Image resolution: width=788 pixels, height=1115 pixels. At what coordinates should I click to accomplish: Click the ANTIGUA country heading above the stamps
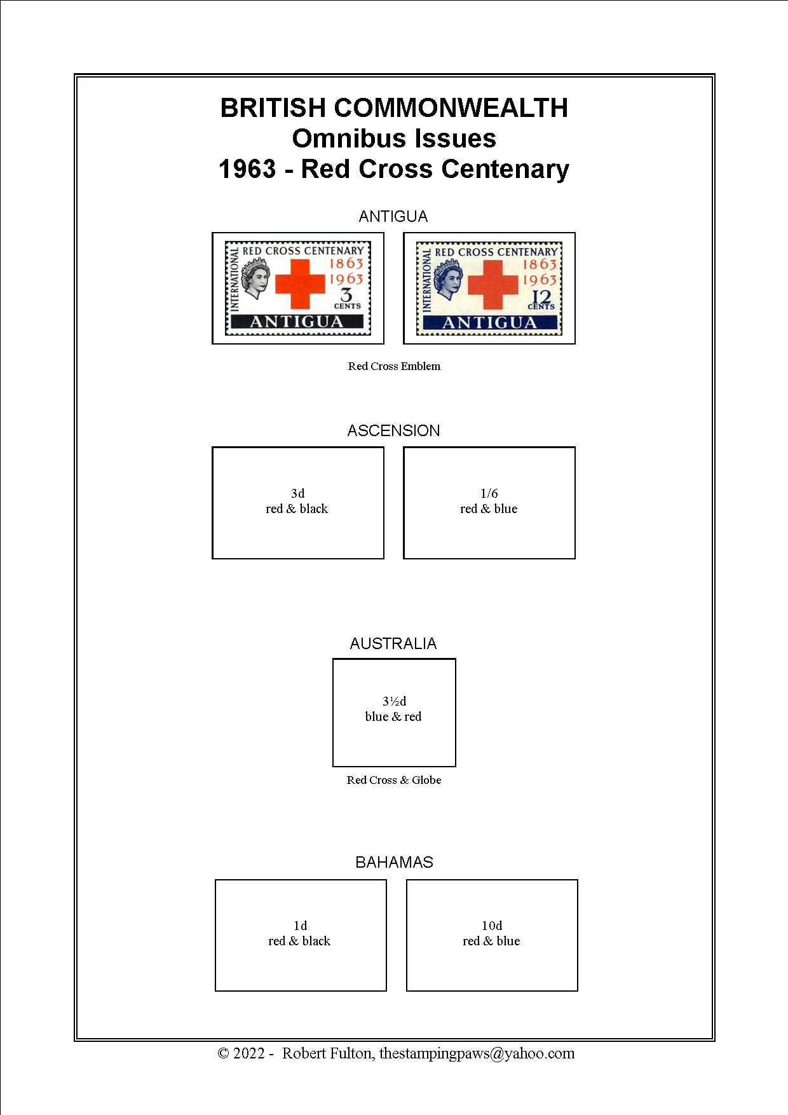point(393,217)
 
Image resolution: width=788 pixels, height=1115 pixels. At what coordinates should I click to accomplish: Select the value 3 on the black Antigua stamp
point(347,295)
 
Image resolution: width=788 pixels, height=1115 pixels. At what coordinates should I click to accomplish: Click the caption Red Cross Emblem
point(394,366)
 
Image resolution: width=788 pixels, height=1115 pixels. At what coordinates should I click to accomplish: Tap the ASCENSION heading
point(393,431)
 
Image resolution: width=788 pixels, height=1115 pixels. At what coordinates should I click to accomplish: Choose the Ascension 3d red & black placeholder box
point(298,503)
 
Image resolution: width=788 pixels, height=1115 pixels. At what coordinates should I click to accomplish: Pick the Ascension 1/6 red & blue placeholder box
point(489,503)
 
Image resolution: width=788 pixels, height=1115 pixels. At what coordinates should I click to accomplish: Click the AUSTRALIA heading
point(393,644)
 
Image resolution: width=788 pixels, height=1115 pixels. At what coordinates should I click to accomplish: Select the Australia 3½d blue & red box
point(394,713)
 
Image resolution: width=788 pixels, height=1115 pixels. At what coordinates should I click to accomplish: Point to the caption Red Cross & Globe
point(394,780)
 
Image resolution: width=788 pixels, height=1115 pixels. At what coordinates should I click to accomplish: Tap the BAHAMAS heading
point(394,863)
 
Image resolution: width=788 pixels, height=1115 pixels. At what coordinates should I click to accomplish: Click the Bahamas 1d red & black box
point(301,935)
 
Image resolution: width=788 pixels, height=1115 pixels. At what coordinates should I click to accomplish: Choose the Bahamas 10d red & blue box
point(492,935)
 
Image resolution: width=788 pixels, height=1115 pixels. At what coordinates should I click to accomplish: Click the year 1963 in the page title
point(247,170)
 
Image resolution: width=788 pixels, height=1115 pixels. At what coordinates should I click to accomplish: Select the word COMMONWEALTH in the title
point(451,108)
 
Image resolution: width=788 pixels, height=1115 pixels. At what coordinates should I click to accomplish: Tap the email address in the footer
point(477,1053)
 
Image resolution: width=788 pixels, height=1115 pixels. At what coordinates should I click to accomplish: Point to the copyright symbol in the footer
point(223,1054)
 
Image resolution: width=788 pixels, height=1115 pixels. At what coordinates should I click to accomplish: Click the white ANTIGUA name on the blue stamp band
point(490,324)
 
